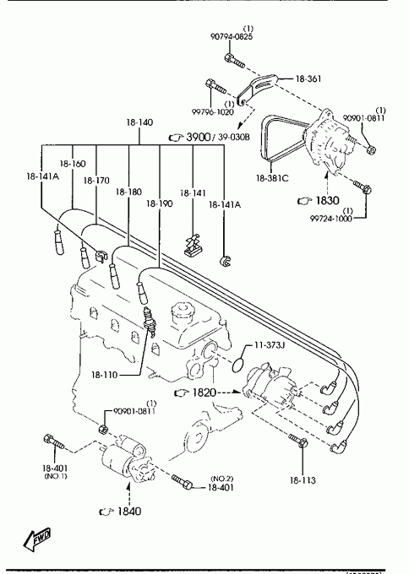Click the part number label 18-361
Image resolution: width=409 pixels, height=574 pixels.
tap(308, 79)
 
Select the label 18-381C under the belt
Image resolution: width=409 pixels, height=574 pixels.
tap(272, 178)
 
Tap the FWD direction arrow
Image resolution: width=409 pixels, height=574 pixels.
tap(36, 539)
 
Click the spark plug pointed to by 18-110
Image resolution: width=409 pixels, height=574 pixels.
tap(149, 321)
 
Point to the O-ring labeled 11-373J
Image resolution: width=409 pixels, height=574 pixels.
tap(238, 365)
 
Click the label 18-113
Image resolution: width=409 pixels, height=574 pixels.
tap(303, 480)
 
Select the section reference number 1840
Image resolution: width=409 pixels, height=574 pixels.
tap(129, 511)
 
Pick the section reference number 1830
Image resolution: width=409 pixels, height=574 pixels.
tap(327, 200)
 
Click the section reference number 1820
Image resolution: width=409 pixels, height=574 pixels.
tap(204, 393)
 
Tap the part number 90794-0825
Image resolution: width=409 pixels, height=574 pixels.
tap(232, 36)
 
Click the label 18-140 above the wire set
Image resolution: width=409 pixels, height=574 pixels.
tap(139, 122)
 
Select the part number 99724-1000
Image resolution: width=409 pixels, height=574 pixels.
tap(331, 219)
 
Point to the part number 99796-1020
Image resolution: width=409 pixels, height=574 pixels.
tap(213, 112)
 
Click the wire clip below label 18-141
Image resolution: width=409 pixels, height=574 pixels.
tap(194, 245)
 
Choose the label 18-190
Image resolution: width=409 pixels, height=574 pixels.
tap(159, 203)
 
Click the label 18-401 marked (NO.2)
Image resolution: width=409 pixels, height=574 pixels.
tap(221, 487)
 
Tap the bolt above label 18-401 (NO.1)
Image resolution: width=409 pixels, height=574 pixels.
tap(53, 441)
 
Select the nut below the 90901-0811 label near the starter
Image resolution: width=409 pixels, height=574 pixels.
tap(104, 429)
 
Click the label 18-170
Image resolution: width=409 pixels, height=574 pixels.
tap(96, 181)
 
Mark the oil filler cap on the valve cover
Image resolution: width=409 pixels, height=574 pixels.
tap(182, 310)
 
